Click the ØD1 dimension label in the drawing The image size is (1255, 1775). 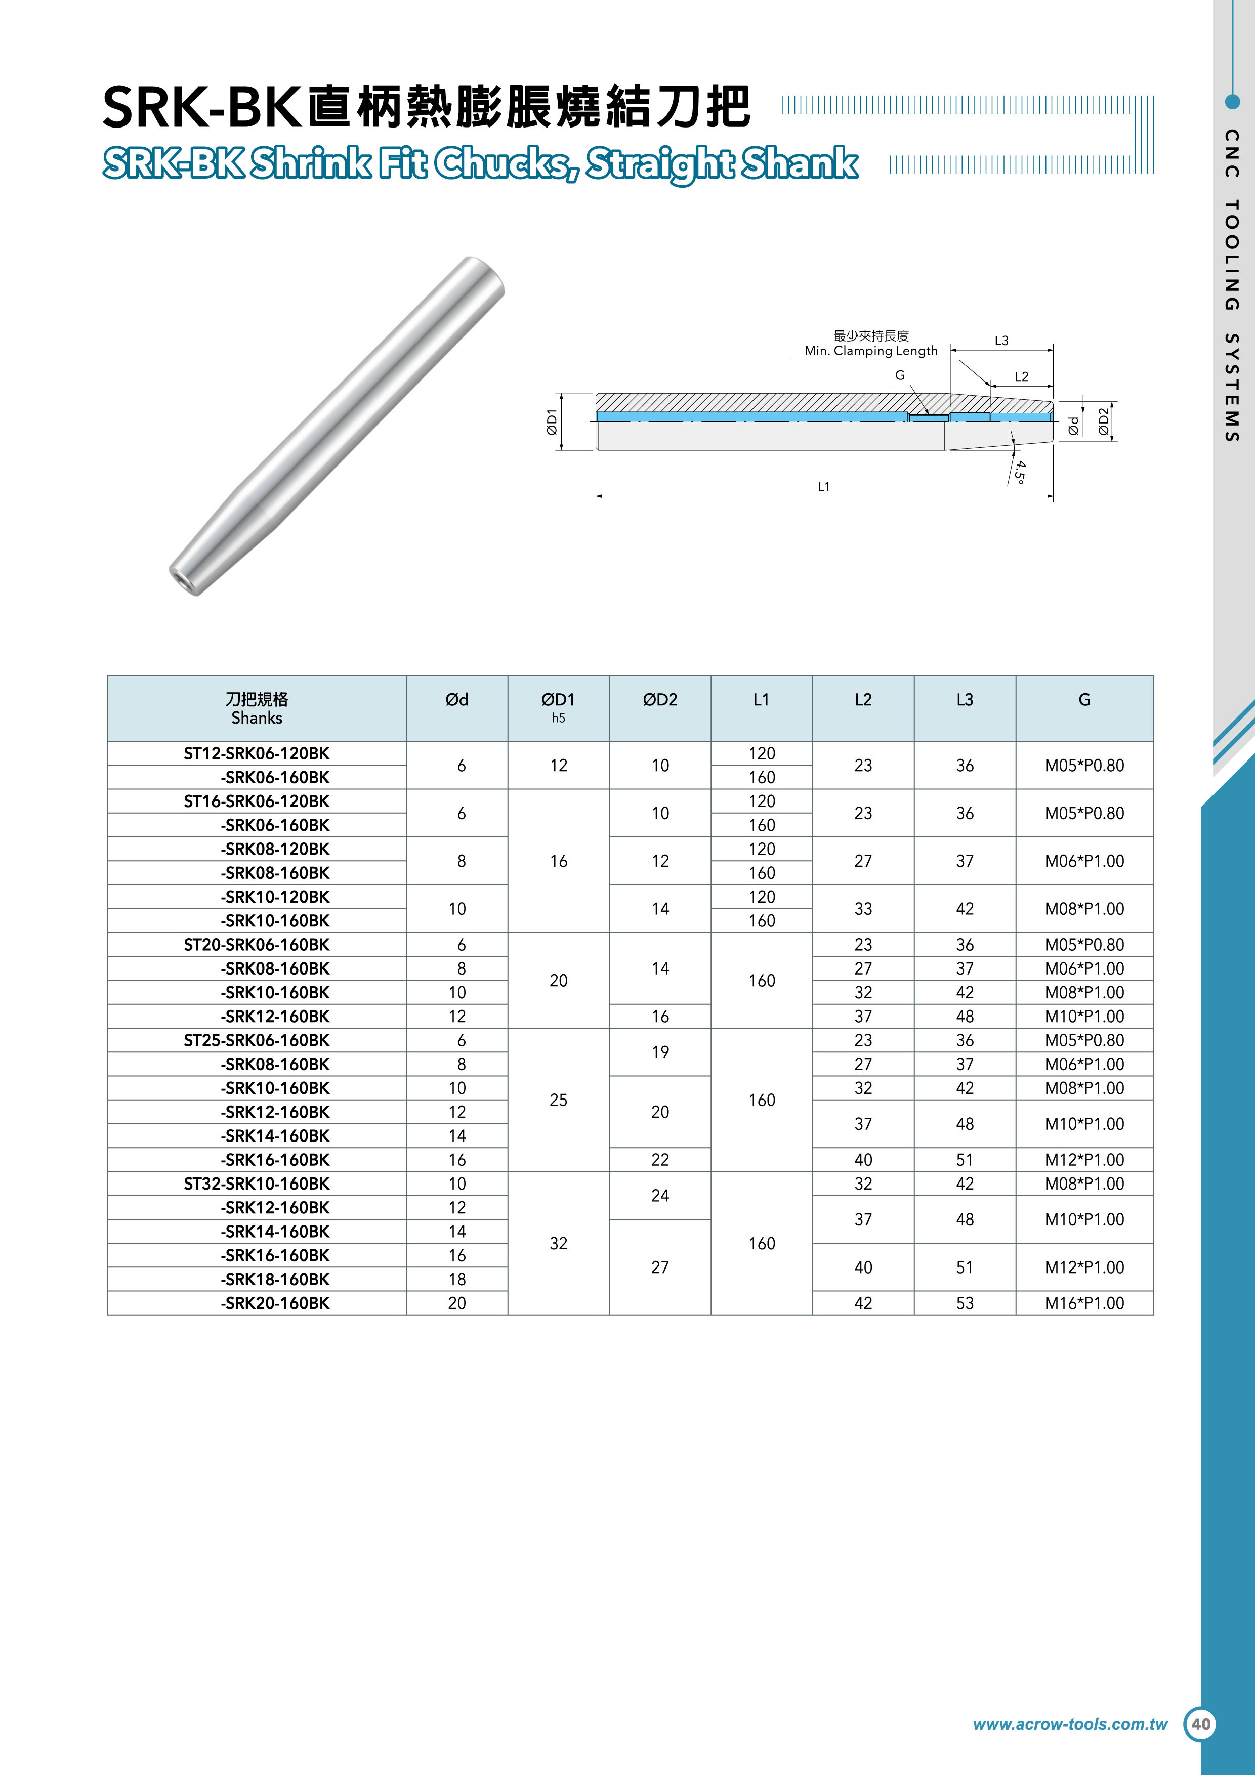pos(551,421)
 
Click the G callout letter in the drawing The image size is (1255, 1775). pos(899,376)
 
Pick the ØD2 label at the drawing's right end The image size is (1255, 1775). pos(1104,421)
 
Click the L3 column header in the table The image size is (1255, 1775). pos(964,700)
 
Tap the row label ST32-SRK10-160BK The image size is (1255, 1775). pos(257,1184)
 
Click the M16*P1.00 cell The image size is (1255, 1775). pos(1084,1303)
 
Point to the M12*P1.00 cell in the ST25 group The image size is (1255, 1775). pos(1084,1160)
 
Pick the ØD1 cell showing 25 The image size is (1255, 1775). pos(558,1100)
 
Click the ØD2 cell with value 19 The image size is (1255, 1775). pos(659,1052)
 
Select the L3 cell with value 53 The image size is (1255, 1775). pos(964,1303)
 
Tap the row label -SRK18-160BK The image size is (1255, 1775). pos(275,1280)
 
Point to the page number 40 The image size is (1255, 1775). pos(1201,1724)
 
